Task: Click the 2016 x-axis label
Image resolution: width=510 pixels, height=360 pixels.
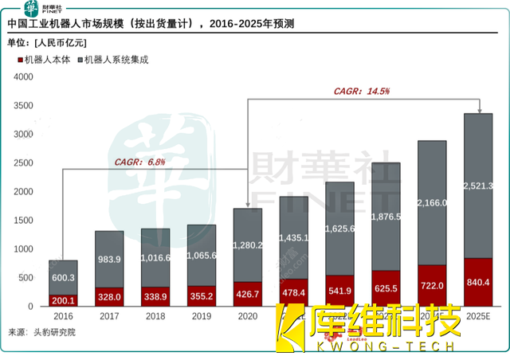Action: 65,316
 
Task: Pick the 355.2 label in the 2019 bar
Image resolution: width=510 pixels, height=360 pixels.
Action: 202,296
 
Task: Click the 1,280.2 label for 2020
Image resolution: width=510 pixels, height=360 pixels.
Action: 248,245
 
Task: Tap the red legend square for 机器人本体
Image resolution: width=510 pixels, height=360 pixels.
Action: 18,60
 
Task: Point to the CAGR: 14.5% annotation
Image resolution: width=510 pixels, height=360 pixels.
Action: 362,92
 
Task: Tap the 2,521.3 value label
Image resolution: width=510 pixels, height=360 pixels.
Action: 478,186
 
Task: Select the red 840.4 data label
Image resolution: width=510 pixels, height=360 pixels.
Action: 478,283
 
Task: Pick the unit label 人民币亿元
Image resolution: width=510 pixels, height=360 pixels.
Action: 61,42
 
